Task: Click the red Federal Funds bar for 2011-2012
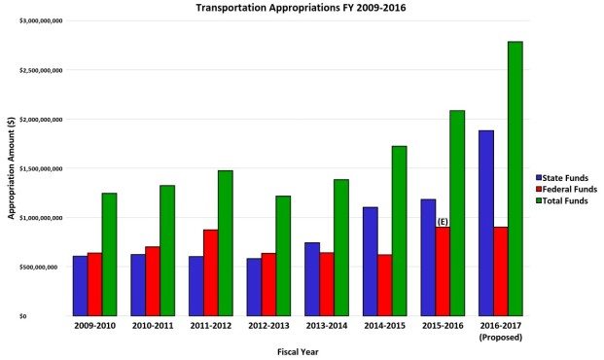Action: click(210, 272)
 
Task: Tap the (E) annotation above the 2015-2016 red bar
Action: click(443, 222)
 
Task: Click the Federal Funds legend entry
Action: click(566, 189)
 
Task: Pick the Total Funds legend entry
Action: click(562, 200)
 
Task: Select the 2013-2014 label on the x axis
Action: click(327, 327)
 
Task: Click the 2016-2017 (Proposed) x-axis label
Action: click(500, 332)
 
